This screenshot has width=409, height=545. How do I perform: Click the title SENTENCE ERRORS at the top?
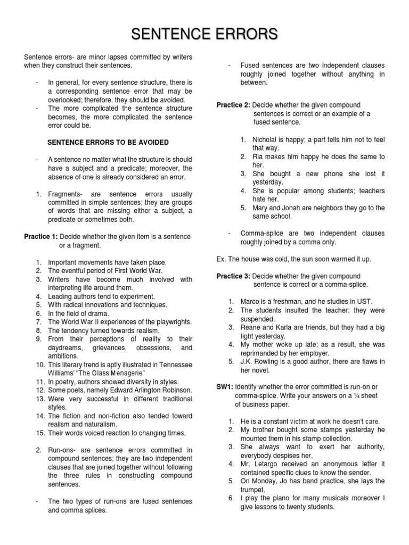pyautogui.click(x=204, y=35)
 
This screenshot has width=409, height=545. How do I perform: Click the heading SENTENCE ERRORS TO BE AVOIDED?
pyautogui.click(x=108, y=143)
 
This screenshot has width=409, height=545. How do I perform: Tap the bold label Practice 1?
pyautogui.click(x=41, y=236)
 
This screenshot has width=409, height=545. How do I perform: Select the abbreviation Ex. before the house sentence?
pyautogui.click(x=222, y=259)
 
